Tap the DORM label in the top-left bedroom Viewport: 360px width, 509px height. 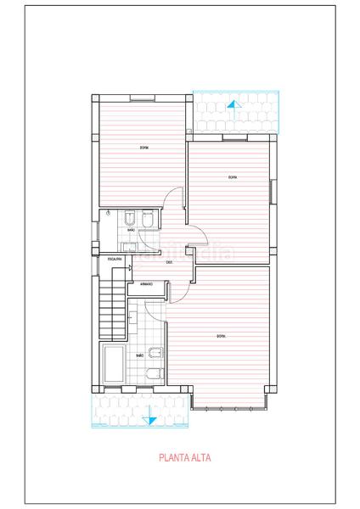point(144,148)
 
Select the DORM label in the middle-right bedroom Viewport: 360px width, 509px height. point(233,177)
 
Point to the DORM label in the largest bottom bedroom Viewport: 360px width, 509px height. point(221,337)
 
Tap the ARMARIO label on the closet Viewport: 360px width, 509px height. point(146,284)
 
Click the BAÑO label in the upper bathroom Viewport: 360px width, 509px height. point(131,230)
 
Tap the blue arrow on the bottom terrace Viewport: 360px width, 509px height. point(149,415)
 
